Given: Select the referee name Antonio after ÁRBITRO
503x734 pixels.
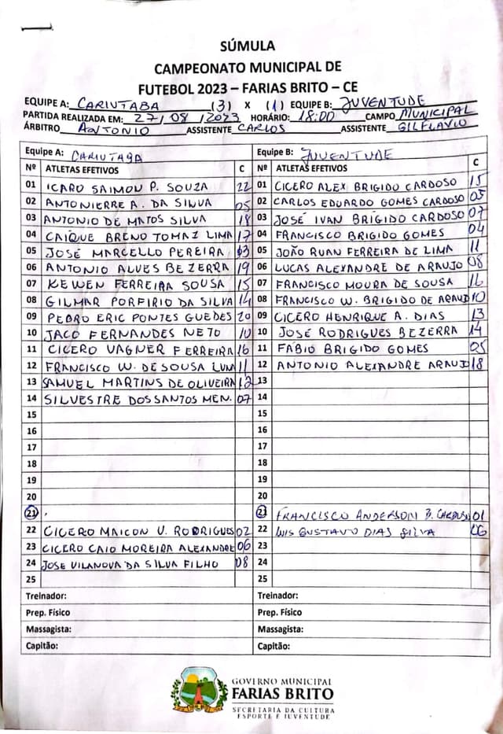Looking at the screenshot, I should click(115, 129).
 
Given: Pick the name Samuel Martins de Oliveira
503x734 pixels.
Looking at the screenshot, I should click(138, 382).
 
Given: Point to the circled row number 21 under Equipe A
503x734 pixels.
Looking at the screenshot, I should click(31, 513).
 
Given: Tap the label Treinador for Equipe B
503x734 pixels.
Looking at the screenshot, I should click(277, 596).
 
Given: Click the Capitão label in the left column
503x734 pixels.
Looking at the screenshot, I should click(42, 646).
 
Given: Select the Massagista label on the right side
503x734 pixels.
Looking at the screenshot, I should click(281, 629).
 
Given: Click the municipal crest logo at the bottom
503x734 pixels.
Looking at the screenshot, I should click(200, 690).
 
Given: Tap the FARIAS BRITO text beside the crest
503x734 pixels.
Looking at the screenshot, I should click(282, 694).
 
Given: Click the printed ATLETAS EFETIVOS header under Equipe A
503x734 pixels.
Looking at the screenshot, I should click(83, 169).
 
